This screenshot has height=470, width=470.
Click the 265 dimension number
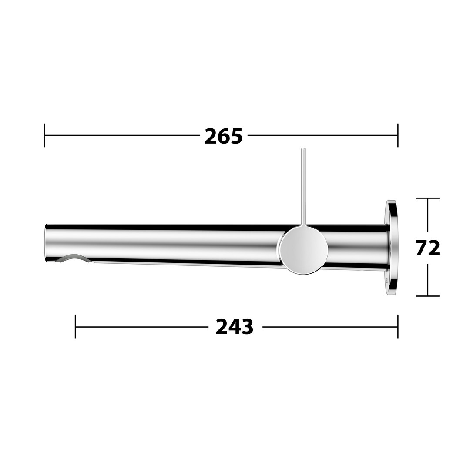point(223,136)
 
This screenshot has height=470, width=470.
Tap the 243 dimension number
point(235,327)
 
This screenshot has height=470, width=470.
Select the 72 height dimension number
point(427,248)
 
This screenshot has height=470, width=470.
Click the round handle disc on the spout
point(303,250)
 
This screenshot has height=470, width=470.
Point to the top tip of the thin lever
point(303,148)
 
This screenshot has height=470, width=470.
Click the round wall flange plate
point(391,248)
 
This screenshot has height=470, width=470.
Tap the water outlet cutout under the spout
point(74,258)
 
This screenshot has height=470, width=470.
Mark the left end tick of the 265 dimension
point(44,135)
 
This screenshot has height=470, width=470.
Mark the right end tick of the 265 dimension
point(398,135)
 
